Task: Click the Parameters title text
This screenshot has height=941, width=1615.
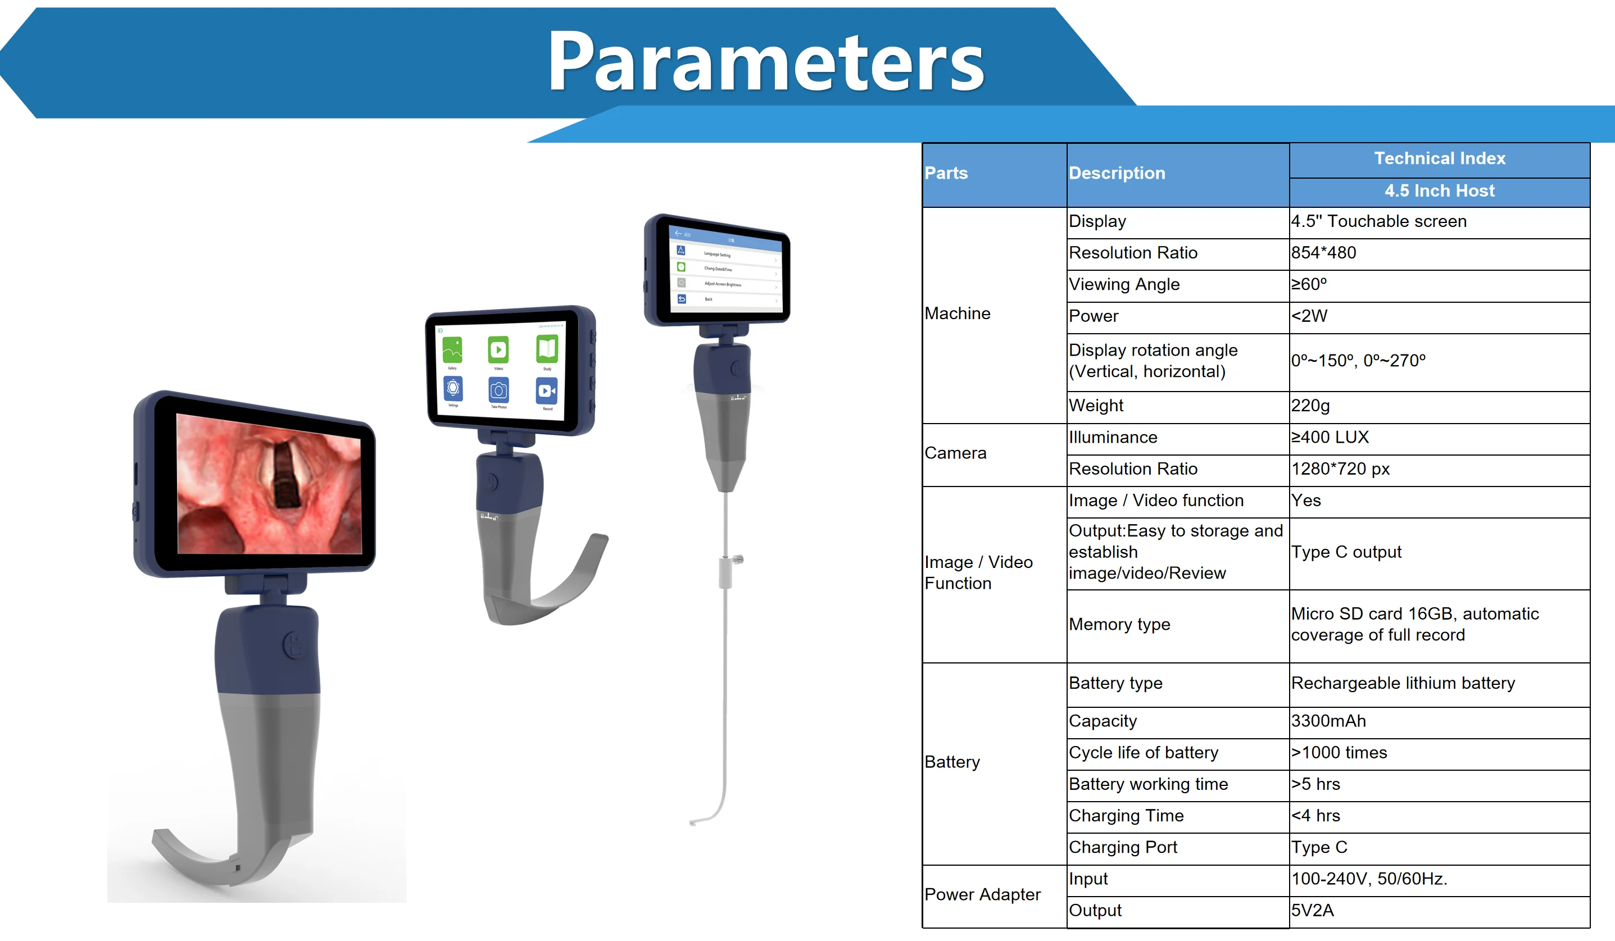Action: pos(766,63)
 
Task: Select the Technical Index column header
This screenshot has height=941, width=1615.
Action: pos(1440,158)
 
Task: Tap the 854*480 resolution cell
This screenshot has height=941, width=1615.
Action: pos(1323,253)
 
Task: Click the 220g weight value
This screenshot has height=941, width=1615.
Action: pos(1310,406)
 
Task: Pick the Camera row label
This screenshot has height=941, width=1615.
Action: pos(955,453)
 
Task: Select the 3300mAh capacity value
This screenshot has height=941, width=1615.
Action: pos(1328,721)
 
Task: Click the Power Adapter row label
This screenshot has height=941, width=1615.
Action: pos(982,894)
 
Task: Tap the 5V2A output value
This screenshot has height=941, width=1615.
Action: pos(1312,910)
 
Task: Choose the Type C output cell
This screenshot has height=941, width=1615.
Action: pos(1346,552)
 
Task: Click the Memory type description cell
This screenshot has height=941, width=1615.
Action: pos(1119,625)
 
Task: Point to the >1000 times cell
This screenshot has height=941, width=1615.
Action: pos(1339,753)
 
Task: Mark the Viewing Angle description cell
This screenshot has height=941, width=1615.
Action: pos(1124,284)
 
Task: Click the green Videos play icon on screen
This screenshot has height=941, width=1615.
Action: pos(498,350)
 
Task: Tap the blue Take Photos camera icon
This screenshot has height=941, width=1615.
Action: pos(498,390)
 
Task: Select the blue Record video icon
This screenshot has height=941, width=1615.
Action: pos(547,390)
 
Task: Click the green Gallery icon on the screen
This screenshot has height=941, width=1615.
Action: pos(452,350)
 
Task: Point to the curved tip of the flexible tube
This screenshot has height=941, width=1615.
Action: pos(693,822)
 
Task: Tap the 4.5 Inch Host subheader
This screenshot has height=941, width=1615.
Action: pos(1440,191)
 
